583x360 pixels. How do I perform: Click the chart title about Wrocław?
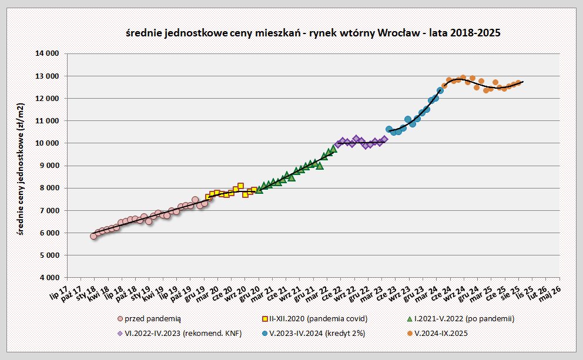[314, 33]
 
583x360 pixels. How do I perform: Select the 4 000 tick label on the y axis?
[49, 278]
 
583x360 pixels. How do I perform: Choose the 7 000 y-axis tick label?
[49, 210]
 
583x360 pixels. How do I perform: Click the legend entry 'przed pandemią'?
[149, 318]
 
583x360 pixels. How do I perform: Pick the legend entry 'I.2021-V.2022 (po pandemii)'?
[464, 318]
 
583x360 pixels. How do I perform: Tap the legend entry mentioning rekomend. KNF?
[180, 333]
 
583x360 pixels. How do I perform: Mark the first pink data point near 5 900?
[93, 236]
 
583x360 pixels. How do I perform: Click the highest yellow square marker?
[240, 186]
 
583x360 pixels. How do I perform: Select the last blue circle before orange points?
[440, 90]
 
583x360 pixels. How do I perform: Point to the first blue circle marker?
[389, 129]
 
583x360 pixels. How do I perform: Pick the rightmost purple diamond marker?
[384, 139]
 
